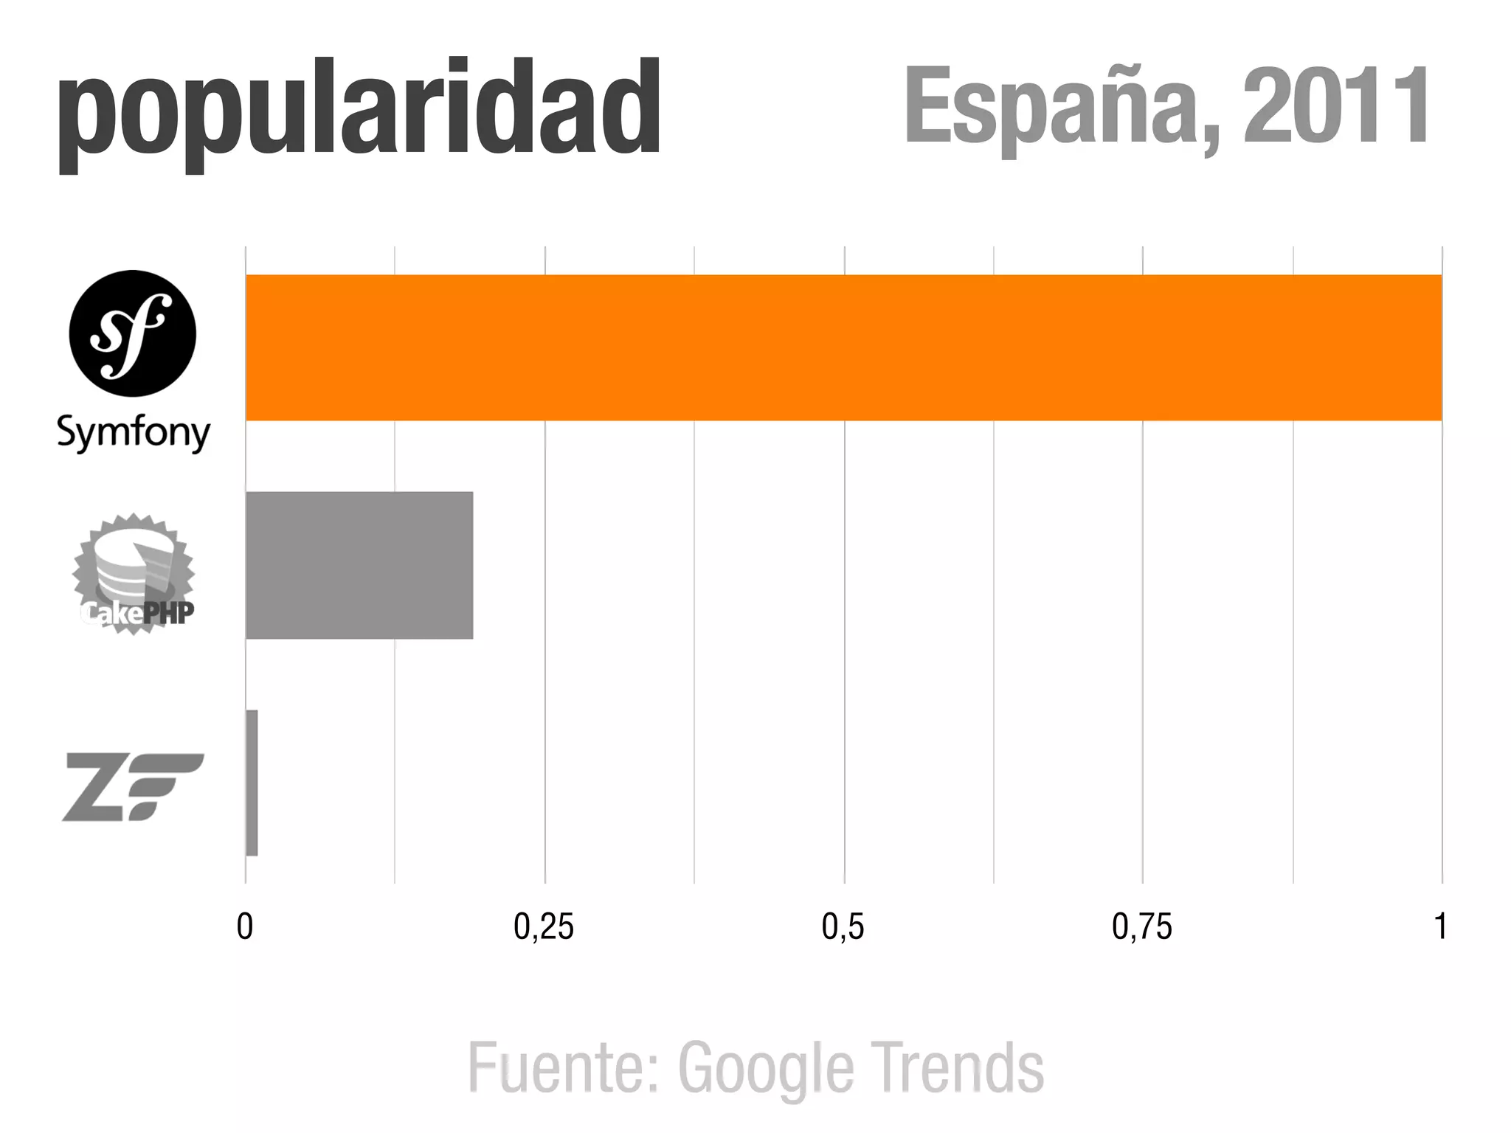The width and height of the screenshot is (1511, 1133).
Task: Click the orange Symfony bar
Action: tap(843, 347)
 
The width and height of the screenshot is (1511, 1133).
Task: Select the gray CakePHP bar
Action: tap(359, 564)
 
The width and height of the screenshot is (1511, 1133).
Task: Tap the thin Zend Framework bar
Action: tap(252, 783)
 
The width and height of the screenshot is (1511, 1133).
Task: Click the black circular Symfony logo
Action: tap(133, 334)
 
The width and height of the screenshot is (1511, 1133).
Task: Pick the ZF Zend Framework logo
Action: tap(133, 786)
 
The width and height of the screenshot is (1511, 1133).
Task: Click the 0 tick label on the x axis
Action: tap(245, 927)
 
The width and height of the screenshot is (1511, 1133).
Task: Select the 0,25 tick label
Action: tap(544, 927)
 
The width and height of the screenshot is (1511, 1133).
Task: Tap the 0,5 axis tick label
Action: tap(843, 927)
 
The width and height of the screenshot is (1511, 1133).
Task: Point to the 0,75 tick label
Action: tap(1142, 927)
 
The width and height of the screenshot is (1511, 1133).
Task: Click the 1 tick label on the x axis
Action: tap(1440, 927)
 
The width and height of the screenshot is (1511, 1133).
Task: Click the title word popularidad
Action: tap(359, 111)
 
